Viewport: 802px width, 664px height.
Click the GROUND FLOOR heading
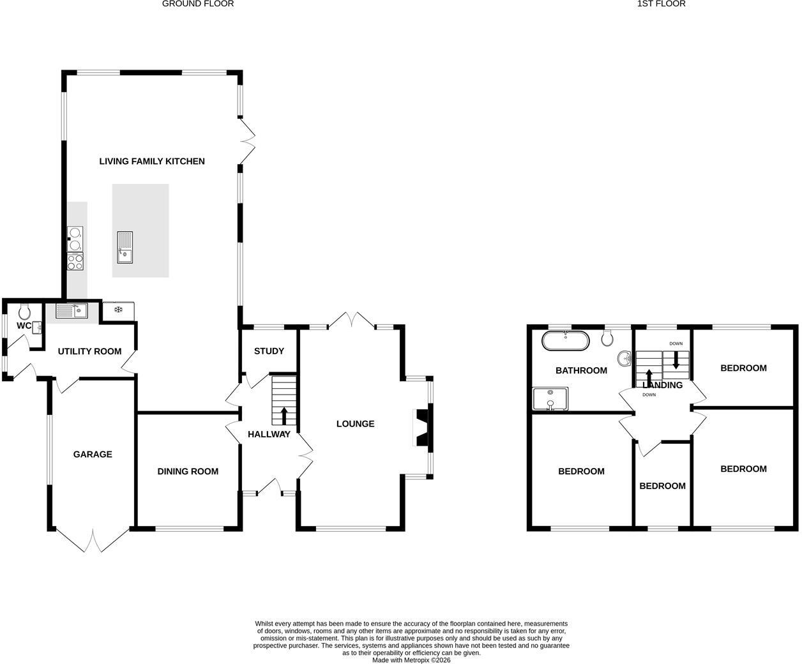pos(198,4)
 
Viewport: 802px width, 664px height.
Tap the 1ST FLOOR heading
pos(661,4)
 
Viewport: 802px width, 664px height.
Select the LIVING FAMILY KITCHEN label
pos(152,162)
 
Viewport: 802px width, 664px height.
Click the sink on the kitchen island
pos(125,247)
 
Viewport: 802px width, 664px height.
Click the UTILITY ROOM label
pos(89,351)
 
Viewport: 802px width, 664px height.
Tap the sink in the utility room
pos(72,311)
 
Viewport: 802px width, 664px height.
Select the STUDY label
pos(269,351)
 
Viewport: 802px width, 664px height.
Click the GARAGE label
pos(93,455)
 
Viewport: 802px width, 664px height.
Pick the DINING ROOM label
pos(188,471)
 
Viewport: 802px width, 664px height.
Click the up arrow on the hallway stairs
pos(284,416)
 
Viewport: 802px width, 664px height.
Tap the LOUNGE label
pos(355,423)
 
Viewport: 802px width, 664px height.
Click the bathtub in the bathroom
pos(565,341)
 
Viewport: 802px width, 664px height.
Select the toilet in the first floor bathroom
pos(607,338)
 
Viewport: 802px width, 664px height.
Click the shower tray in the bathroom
pos(550,398)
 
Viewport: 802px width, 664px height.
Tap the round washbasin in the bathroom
pos(625,359)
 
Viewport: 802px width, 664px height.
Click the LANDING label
pos(662,385)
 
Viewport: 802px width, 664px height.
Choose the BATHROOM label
pos(581,370)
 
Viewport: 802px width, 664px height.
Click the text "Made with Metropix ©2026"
pos(411,660)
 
